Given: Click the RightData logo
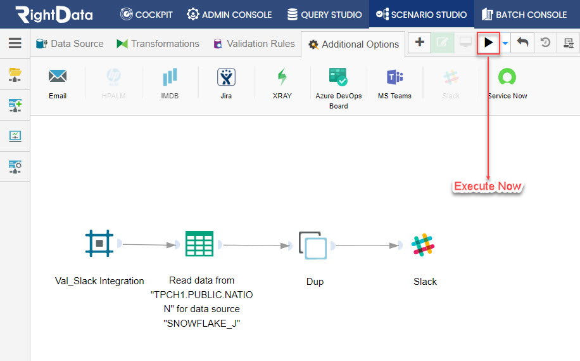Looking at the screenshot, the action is pyautogui.click(x=54, y=15).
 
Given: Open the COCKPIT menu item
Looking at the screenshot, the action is pyautogui.click(x=146, y=15).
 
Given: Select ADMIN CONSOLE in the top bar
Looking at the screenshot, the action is pyautogui.click(x=229, y=15).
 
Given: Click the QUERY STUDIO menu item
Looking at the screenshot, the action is pyautogui.click(x=325, y=15).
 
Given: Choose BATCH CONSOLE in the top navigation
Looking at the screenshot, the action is pyautogui.click(x=524, y=15).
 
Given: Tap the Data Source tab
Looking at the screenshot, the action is pyautogui.click(x=70, y=44).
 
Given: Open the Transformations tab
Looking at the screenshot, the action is pyautogui.click(x=158, y=44).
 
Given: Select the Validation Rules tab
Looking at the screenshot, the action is pyautogui.click(x=254, y=44).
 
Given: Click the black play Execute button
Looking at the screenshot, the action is pyautogui.click(x=488, y=43).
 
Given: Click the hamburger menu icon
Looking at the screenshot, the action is pyautogui.click(x=15, y=43).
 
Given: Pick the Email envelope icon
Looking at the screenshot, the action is pyautogui.click(x=58, y=76).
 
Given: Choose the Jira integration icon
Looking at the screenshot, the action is pyautogui.click(x=226, y=77).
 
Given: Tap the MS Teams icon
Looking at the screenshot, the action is pyautogui.click(x=394, y=77).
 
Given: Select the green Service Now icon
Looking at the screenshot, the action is pyautogui.click(x=507, y=77).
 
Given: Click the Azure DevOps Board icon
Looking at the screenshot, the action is pyautogui.click(x=338, y=77).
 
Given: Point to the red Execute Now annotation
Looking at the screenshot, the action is pyautogui.click(x=488, y=186).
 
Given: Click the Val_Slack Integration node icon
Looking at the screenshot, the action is pyautogui.click(x=99, y=243).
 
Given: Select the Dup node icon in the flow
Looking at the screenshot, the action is pyautogui.click(x=313, y=246).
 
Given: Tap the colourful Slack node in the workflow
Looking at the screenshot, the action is pyautogui.click(x=423, y=245).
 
